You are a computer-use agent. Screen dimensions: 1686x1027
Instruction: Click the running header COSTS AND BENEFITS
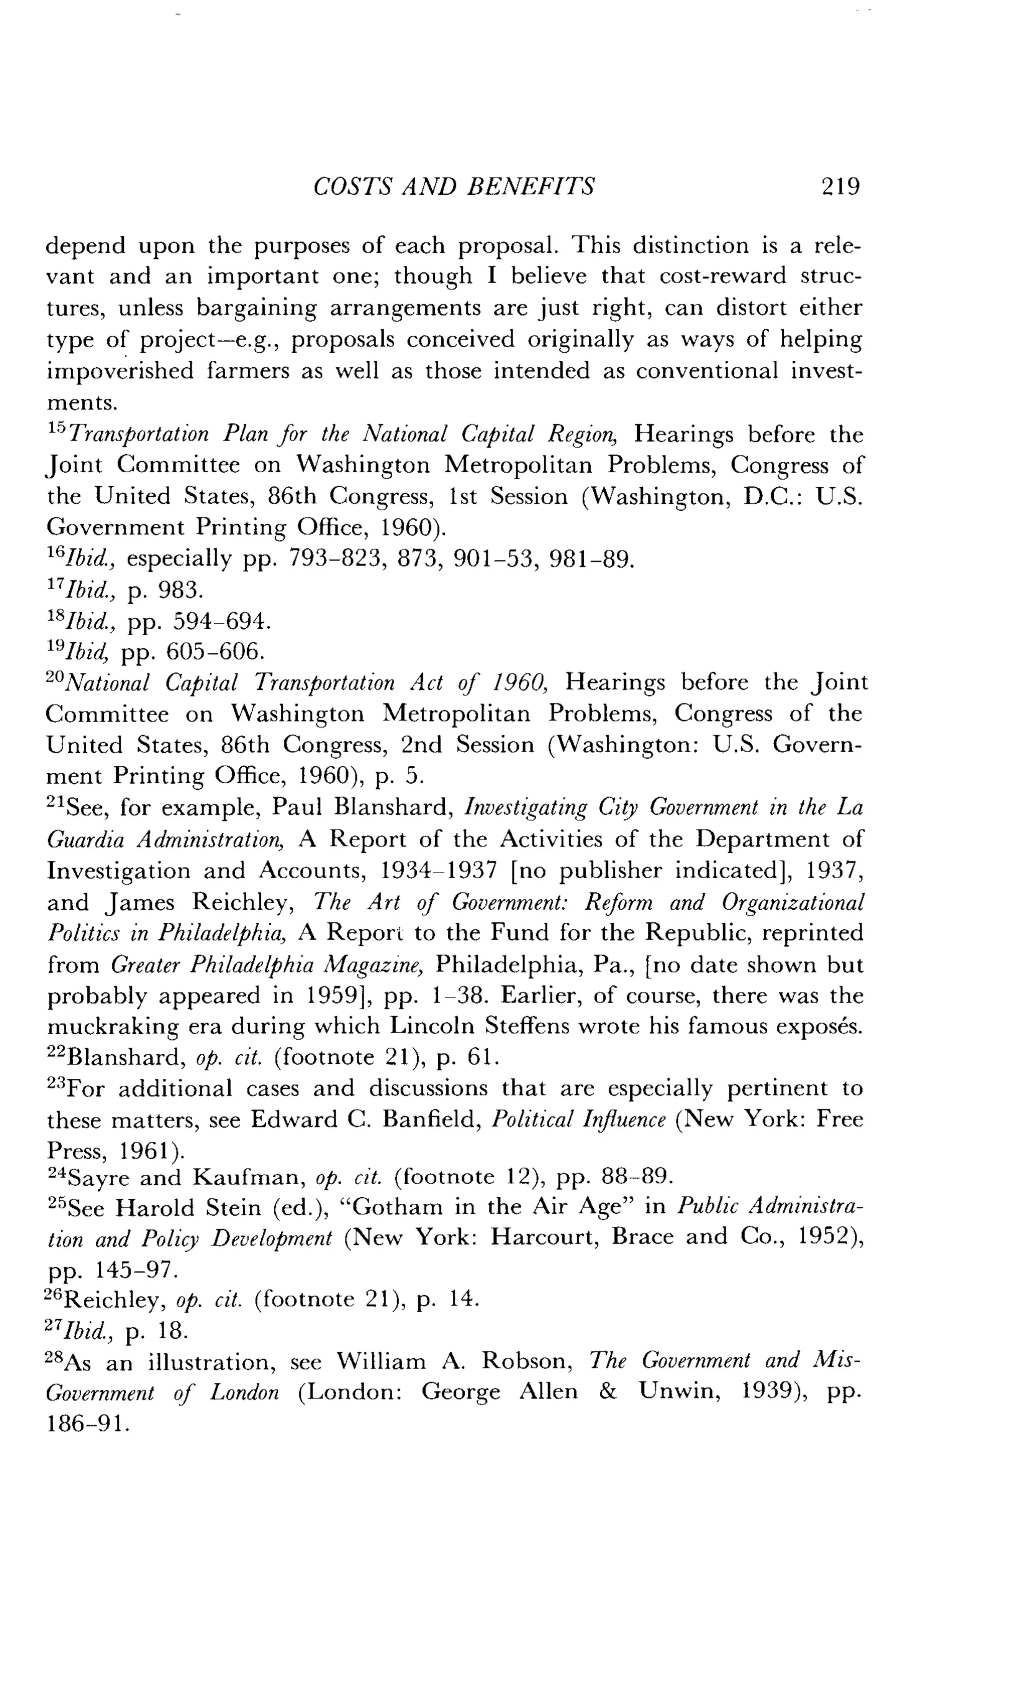453,187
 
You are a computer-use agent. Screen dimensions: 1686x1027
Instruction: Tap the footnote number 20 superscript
58,676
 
